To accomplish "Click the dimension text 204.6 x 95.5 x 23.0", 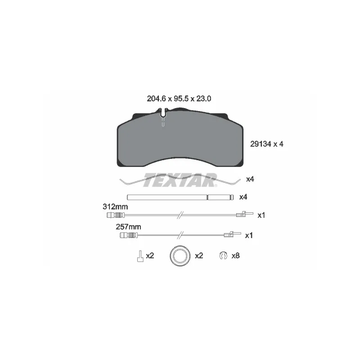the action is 179,99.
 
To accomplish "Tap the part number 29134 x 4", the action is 266,144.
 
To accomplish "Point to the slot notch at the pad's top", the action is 163,113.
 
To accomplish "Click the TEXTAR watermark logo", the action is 180,180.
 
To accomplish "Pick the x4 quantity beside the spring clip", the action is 250,179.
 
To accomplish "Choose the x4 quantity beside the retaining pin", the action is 243,197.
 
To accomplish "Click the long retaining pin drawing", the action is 180,197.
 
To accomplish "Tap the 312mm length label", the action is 115,207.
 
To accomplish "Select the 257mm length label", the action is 128,227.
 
